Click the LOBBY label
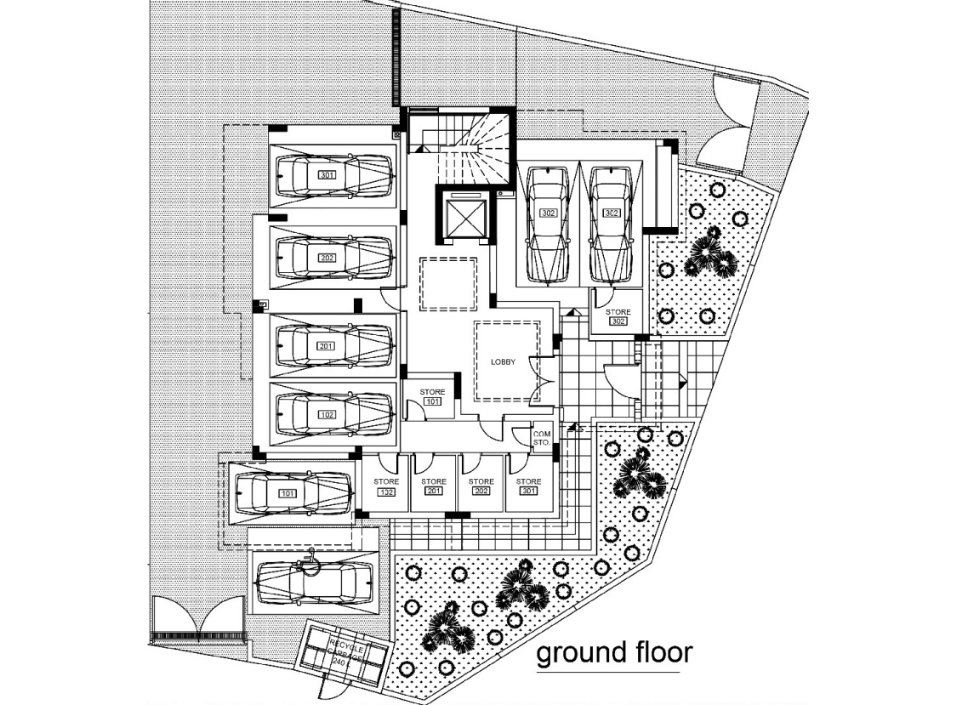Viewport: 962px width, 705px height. click(x=504, y=361)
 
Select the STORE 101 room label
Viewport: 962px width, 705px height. click(x=432, y=396)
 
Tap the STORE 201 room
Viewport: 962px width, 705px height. click(x=434, y=486)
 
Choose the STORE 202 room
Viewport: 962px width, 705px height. click(x=481, y=486)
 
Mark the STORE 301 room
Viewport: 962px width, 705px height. click(x=529, y=486)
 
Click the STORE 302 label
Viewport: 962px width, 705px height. click(x=618, y=316)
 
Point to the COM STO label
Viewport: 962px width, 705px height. click(x=542, y=438)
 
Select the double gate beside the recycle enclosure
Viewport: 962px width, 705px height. click(x=198, y=619)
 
